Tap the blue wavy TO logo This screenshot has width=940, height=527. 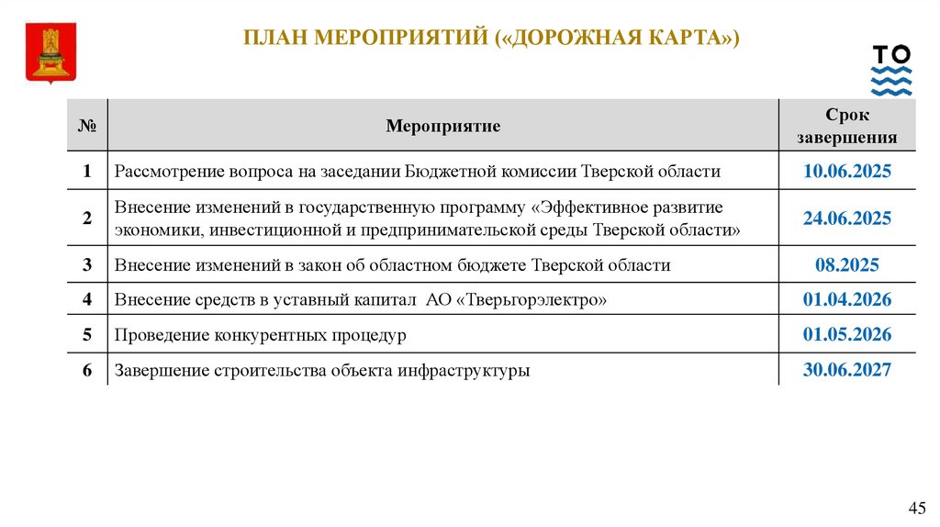pos(891,70)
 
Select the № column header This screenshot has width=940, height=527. pos(87,126)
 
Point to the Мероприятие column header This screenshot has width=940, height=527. pos(443,126)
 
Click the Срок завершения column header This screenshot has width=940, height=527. pos(846,127)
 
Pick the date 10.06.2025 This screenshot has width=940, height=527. pos(846,172)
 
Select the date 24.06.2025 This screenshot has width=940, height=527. pos(846,219)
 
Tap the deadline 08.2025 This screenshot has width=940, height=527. pos(846,265)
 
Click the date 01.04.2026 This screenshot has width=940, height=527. pos(846,300)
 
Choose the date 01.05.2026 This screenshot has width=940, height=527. pos(846,335)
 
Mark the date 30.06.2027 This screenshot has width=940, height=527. pos(846,370)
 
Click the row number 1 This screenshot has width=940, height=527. pos(87,172)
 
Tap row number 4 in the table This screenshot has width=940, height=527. pos(87,300)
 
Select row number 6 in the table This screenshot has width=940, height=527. pos(87,370)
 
